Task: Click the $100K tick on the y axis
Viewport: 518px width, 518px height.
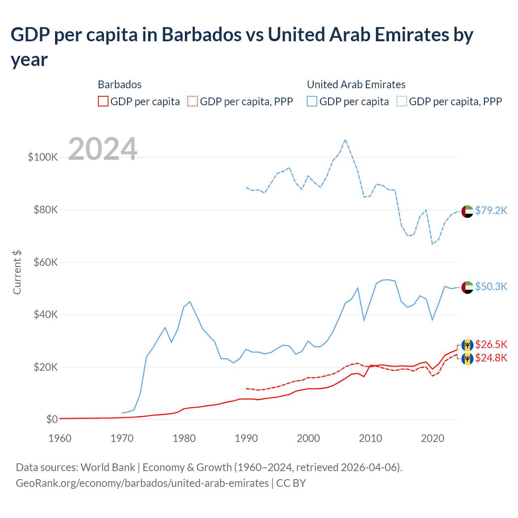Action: [43, 157]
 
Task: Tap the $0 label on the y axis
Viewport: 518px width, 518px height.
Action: [52, 419]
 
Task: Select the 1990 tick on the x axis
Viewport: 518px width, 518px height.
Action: [246, 438]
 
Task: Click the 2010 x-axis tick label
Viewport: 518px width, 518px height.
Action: [370, 438]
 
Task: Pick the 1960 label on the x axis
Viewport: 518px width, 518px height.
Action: [60, 438]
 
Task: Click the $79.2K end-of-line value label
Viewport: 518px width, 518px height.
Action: [491, 210]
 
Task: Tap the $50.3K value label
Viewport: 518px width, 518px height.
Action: [491, 287]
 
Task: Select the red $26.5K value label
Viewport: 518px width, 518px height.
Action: [491, 344]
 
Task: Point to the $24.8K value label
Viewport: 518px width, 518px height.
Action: [491, 358]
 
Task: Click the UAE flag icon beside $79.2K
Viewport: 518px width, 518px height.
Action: [467, 211]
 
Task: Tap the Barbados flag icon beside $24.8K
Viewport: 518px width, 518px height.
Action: [467, 359]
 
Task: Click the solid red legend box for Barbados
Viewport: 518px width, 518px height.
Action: [103, 101]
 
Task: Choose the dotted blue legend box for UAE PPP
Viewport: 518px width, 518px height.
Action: [402, 101]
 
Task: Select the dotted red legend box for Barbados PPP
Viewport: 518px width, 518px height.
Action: [193, 101]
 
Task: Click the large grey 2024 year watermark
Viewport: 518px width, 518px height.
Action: [103, 149]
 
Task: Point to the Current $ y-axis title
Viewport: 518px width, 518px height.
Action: [17, 272]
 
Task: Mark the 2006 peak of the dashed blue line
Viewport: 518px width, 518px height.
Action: [345, 140]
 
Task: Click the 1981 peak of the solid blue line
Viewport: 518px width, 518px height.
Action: [190, 301]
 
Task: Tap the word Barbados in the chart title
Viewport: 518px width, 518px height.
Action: [201, 35]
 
